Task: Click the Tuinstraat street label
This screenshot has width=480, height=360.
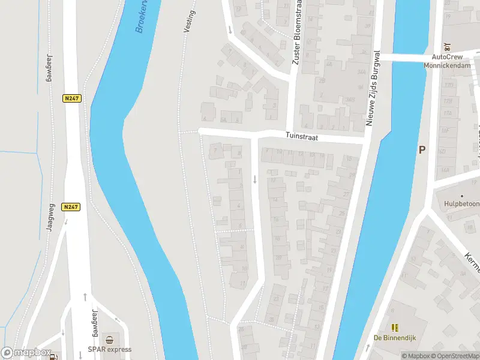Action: pyautogui.click(x=301, y=137)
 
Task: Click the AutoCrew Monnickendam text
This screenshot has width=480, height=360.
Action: pyautogui.click(x=447, y=61)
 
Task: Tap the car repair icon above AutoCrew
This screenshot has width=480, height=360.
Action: pyautogui.click(x=447, y=46)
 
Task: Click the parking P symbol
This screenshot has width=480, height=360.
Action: pyautogui.click(x=422, y=150)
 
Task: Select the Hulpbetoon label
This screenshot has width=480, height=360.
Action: pyautogui.click(x=463, y=203)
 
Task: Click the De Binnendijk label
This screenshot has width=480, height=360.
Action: pyautogui.click(x=395, y=338)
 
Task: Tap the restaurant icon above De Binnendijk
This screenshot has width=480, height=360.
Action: pyautogui.click(x=395, y=327)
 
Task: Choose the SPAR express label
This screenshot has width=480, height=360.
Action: pyautogui.click(x=109, y=349)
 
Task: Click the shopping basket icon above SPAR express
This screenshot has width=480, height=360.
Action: pyautogui.click(x=109, y=339)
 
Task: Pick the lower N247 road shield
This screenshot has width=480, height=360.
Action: pyautogui.click(x=71, y=206)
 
